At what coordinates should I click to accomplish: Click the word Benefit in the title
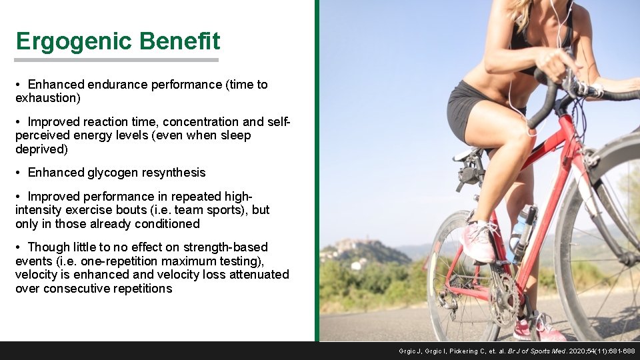tap(179, 42)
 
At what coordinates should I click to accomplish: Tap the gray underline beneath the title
tap(117, 60)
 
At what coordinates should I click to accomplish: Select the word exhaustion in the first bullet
tap(47, 99)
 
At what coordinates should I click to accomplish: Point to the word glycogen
tap(117, 173)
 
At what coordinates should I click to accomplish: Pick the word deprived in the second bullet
tap(41, 149)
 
